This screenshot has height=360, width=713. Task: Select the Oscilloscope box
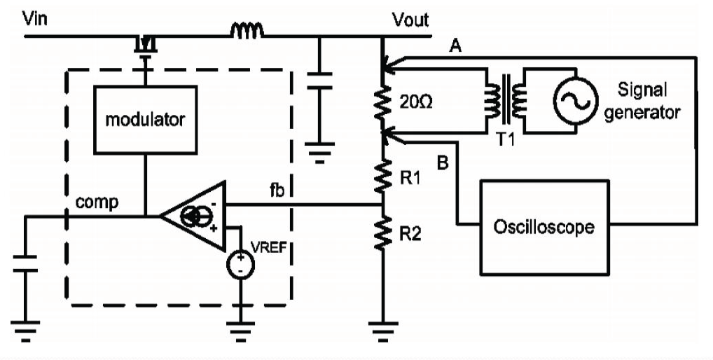click(x=544, y=227)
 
